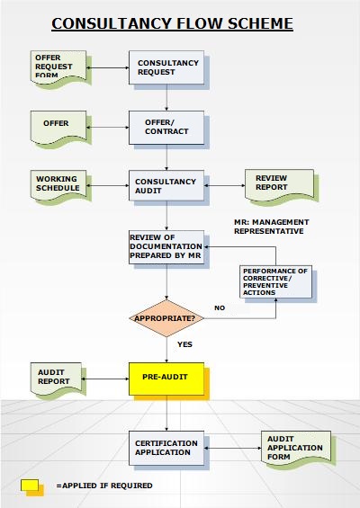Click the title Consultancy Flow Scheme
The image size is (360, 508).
click(172, 23)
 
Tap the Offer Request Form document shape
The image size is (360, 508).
click(58, 67)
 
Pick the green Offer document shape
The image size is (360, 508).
click(58, 126)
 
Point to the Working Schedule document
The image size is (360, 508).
click(58, 185)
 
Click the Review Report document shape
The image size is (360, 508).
click(278, 185)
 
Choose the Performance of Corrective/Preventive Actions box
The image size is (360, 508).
click(275, 281)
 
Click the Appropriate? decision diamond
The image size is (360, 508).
click(166, 318)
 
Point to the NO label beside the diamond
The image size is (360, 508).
click(219, 307)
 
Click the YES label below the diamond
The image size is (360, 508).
click(184, 344)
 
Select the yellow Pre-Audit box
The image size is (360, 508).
click(166, 379)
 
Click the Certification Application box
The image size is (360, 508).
click(166, 447)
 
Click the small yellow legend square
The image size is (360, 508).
click(31, 486)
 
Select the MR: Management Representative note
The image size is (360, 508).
click(271, 227)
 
